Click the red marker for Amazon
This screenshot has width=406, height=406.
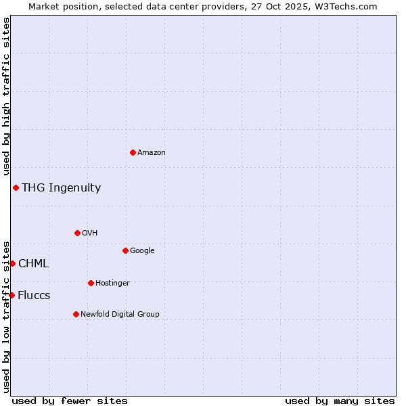[x=133, y=152]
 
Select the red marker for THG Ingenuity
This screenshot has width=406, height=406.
[x=16, y=187]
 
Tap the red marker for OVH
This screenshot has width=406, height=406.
[x=77, y=233]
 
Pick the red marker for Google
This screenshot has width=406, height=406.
[x=125, y=250]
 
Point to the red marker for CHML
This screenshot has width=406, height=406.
[x=12, y=263]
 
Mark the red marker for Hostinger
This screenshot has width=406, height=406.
[x=91, y=283]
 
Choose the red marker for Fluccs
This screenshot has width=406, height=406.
[x=12, y=295]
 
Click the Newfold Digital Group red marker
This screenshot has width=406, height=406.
[x=76, y=314]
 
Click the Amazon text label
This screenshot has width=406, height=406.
[x=152, y=153]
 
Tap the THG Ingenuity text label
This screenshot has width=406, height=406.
[x=61, y=188]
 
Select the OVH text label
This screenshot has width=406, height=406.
[x=90, y=233]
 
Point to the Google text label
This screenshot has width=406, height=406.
[x=142, y=251]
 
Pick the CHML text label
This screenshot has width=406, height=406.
[x=33, y=264]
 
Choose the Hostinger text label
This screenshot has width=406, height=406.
[x=112, y=283]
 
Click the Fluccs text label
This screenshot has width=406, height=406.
[x=34, y=296]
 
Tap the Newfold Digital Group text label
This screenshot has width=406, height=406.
[x=120, y=314]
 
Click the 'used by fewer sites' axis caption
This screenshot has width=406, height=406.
[x=70, y=401]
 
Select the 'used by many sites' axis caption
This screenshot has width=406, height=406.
[x=340, y=401]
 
